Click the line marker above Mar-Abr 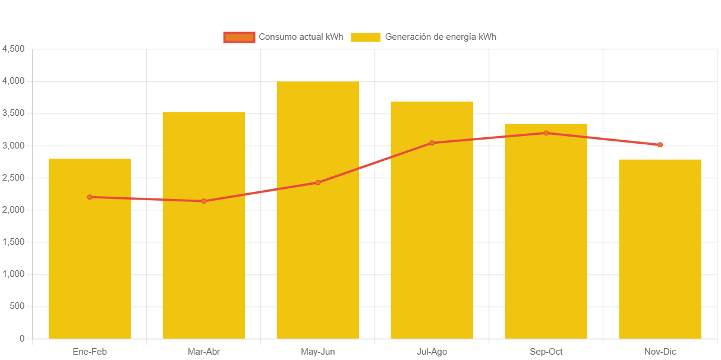[x=204, y=201]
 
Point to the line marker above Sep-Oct [x=546, y=133]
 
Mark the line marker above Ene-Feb [x=90, y=197]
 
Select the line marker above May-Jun [x=318, y=182]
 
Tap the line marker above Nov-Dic [x=660, y=145]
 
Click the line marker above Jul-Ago [x=432, y=143]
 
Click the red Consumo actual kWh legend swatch [x=239, y=37]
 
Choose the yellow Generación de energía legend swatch [x=366, y=37]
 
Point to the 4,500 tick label [x=13, y=49]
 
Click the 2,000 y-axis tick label [x=13, y=210]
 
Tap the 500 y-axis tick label [x=17, y=307]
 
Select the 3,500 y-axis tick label [x=13, y=113]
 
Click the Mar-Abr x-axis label [x=204, y=352]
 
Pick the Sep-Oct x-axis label [x=546, y=352]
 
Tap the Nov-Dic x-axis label [x=660, y=352]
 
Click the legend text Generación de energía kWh [x=440, y=37]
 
